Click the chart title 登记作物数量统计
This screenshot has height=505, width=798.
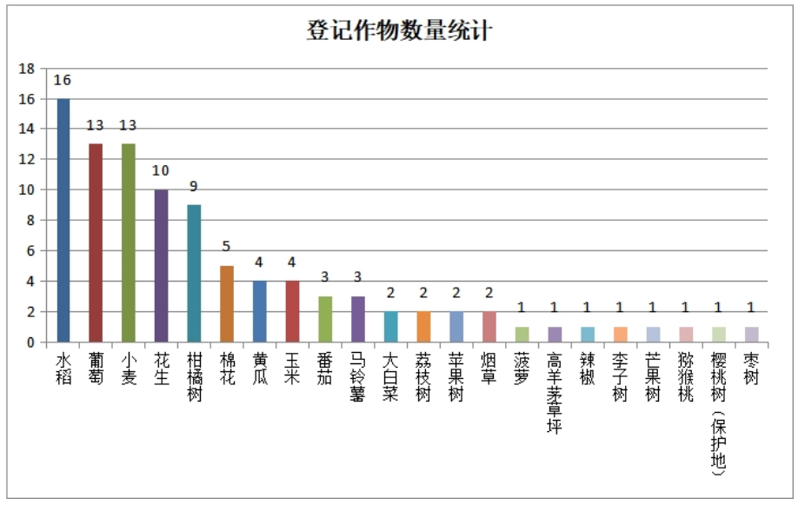pos(400,32)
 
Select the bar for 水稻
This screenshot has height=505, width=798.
pos(63,221)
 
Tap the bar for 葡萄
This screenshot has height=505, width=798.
pos(96,243)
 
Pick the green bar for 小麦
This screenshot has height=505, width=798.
pos(128,243)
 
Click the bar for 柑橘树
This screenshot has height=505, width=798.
pos(193,274)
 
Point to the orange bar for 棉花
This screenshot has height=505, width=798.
pos(226,304)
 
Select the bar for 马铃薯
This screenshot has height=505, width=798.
pos(357,319)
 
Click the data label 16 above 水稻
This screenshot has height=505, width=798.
pos(63,81)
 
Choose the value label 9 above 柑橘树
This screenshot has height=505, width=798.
pos(193,187)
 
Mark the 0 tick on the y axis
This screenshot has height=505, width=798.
pos(31,342)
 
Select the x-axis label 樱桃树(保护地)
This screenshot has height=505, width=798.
pos(717,414)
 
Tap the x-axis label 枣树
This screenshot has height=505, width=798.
pos(750,366)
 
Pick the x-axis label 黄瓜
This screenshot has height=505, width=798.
pos(259,366)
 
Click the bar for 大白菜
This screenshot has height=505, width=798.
pos(390,327)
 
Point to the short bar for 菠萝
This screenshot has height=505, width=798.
pos(522,335)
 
